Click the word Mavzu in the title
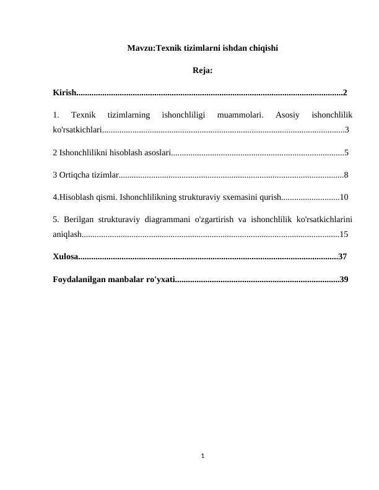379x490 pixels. pos(140,48)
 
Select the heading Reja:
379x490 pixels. pos(203,71)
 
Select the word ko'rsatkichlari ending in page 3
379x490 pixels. pos(77,130)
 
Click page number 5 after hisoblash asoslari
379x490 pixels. pos(346,152)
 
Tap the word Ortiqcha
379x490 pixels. pos(75,174)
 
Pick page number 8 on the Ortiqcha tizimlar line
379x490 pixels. pos(346,174)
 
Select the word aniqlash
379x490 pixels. pos(68,234)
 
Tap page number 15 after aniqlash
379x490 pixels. pos(344,234)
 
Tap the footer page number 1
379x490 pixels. pos(203,457)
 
